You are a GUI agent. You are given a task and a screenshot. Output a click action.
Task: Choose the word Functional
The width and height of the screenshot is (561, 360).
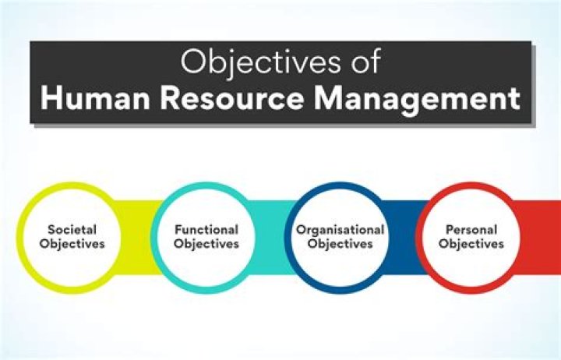[206, 230]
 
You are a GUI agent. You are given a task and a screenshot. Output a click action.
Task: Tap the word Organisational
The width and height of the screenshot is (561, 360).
[339, 230]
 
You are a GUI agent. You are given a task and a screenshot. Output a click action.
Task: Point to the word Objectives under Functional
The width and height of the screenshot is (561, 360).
[206, 244]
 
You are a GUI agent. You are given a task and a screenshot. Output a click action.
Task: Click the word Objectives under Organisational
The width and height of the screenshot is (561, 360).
[339, 244]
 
